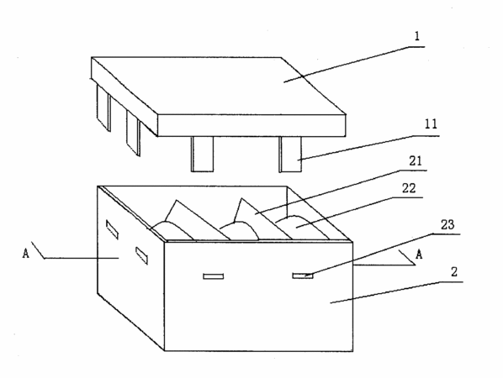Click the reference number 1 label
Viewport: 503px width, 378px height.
coord(417,36)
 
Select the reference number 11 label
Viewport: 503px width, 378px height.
coord(431,124)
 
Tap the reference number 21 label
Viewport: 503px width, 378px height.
coord(416,160)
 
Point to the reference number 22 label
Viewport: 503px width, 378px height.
coord(409,188)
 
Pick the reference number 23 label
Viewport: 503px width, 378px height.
coord(447,225)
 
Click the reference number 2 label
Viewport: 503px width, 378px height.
coord(454,272)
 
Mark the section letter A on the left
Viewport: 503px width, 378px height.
coord(26,254)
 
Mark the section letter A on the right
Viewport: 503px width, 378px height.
coord(419,255)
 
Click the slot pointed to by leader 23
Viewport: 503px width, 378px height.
coord(303,276)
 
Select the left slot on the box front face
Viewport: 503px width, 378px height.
coord(214,276)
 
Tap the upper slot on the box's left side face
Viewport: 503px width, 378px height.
coord(112,229)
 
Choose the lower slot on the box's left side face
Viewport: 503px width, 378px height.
coord(141,255)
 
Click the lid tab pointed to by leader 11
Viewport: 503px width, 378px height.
coord(290,154)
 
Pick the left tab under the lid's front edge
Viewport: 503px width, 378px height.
coord(202,154)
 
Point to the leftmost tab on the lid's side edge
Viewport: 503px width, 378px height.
coord(103,108)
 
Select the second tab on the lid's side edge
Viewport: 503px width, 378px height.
coord(133,133)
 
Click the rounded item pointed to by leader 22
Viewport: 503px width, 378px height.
coord(301,227)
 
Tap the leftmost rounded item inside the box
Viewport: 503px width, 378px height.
coord(172,230)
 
